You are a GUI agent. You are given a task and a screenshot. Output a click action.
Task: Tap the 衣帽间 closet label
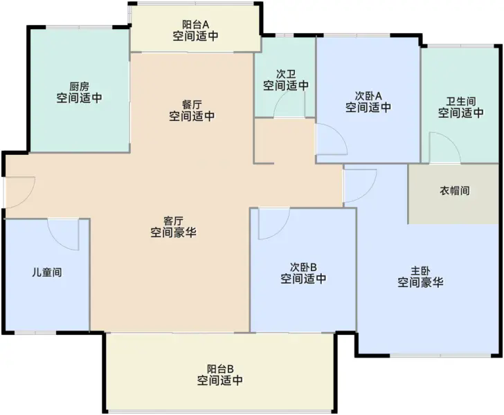coord(454,191)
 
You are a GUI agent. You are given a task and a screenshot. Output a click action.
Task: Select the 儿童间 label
coord(47,273)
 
